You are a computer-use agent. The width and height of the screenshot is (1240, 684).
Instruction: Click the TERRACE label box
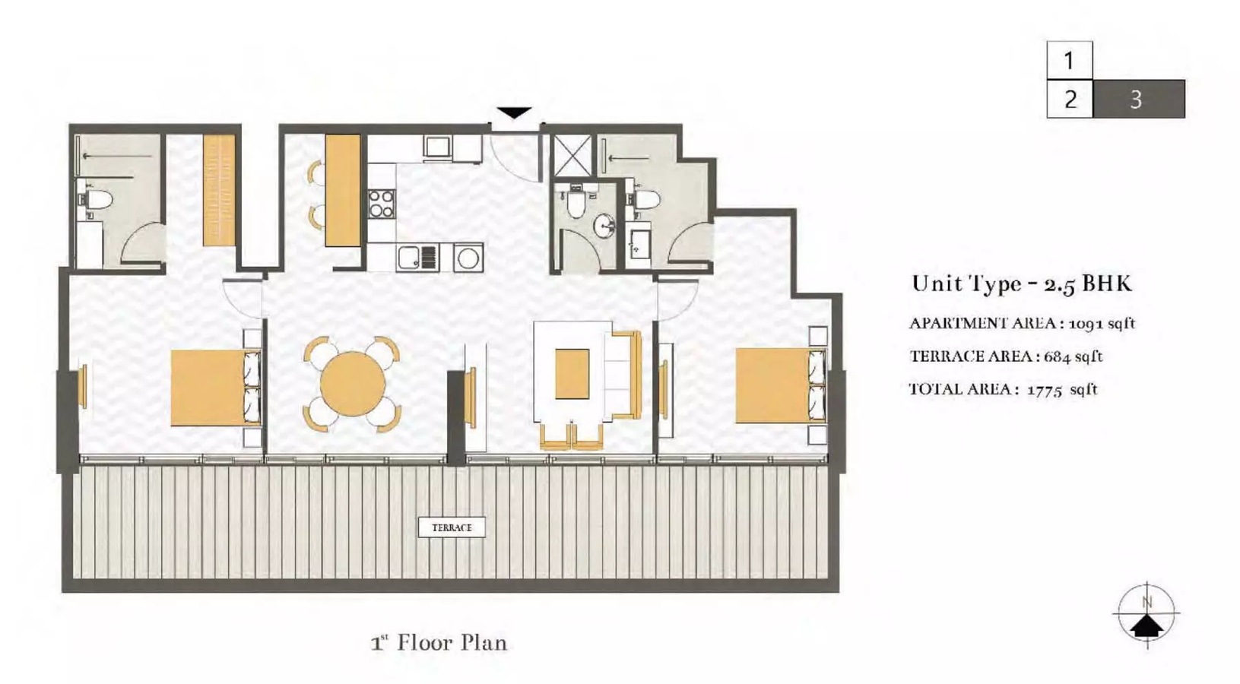coord(452,527)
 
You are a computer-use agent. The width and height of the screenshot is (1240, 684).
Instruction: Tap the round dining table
coord(353,383)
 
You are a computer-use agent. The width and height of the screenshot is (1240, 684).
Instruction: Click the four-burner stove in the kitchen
coord(382,204)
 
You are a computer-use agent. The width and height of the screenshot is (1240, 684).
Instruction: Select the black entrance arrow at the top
coord(514,113)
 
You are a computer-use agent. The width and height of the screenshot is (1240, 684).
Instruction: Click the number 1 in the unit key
coord(1069,60)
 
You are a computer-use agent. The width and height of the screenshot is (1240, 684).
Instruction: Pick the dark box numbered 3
coord(1138,99)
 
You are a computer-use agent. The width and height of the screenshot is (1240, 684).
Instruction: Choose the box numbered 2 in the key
coord(1070,99)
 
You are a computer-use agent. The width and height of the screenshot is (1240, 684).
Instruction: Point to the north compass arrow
coord(1146,625)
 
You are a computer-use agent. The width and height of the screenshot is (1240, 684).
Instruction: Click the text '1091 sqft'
coord(1102,323)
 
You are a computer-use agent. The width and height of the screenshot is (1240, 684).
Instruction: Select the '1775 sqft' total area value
coord(1062,389)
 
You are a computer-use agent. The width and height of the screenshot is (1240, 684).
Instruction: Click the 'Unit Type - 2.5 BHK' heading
coord(1022,283)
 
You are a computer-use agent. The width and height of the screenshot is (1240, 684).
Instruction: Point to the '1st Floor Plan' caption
coord(439,643)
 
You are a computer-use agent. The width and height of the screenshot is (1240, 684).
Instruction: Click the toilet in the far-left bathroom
coord(97,201)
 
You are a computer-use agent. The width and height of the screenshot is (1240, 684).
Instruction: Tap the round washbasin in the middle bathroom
coord(604,226)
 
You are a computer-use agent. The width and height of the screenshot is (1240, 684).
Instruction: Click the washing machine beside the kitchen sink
coord(468,258)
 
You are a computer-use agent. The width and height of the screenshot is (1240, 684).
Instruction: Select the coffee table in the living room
coord(572,373)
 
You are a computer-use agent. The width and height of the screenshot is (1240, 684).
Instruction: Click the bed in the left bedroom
coord(208,388)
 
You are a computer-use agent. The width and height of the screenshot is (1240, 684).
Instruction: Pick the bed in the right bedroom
coord(771,385)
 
